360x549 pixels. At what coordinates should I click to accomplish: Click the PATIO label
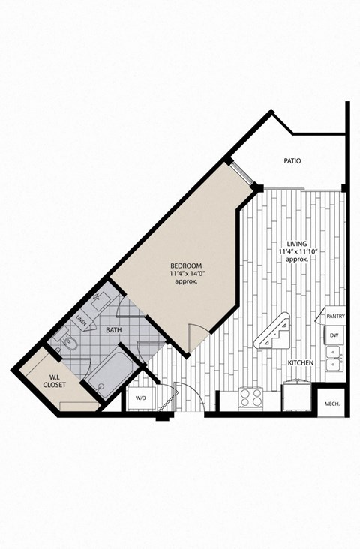pos(292,160)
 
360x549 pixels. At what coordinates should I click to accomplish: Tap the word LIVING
pos(297,242)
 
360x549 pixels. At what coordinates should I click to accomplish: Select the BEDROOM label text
pos(185,266)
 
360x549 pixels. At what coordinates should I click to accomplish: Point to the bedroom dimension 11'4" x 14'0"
pos(185,274)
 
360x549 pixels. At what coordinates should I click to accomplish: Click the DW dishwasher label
pos(334,335)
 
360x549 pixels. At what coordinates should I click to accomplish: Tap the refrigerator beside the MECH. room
pos(297,395)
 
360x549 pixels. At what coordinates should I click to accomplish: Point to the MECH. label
pos(332,404)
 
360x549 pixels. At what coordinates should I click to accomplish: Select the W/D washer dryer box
pos(140,398)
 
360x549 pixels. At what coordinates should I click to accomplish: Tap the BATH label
pos(114,329)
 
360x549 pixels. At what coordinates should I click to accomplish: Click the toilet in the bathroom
pos(67,343)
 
